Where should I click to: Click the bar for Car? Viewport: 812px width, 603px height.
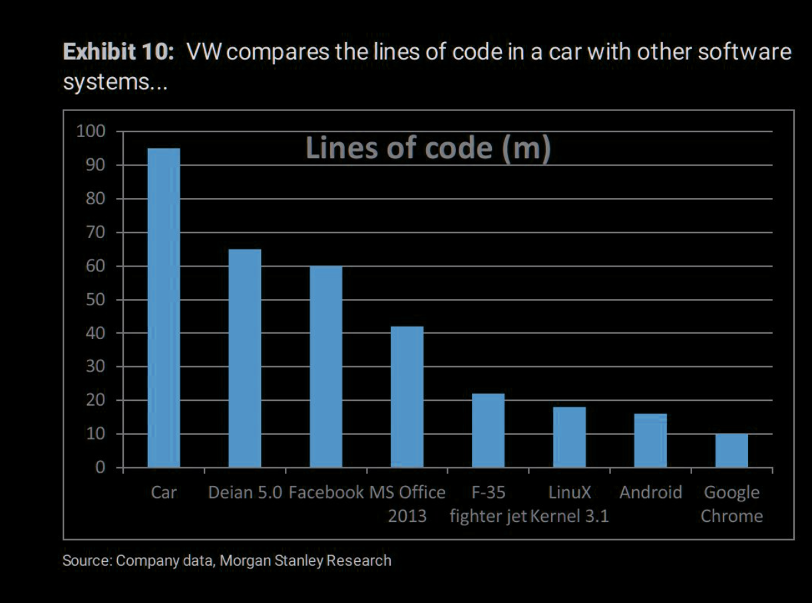(164, 307)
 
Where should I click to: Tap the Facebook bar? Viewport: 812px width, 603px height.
(326, 366)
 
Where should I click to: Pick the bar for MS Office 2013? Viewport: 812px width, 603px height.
(407, 396)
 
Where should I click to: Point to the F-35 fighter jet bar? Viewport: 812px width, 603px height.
(489, 430)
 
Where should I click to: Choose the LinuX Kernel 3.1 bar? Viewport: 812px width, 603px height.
(570, 437)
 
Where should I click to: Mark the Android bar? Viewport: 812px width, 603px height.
(651, 440)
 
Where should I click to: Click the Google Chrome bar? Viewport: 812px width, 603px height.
(732, 450)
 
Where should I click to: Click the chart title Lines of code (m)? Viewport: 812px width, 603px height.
(428, 148)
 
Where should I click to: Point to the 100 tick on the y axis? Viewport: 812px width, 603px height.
(92, 131)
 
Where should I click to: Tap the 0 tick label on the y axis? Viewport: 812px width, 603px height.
(100, 467)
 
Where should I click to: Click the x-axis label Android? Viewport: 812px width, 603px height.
(651, 493)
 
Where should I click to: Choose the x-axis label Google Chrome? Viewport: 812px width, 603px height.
(732, 504)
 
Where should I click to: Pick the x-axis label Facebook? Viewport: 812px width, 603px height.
(326, 493)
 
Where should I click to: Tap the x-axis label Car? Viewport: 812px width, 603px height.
(164, 493)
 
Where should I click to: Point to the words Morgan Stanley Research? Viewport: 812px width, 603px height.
(305, 560)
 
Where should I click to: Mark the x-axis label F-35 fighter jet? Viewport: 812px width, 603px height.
(489, 504)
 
